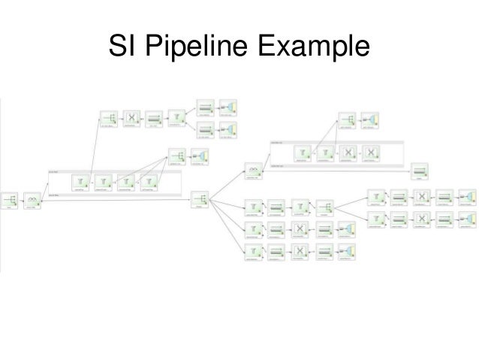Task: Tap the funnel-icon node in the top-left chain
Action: pos(177,118)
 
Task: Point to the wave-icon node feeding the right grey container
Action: pos(254,171)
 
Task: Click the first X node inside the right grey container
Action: pos(348,153)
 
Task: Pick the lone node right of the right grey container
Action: pos(420,170)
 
